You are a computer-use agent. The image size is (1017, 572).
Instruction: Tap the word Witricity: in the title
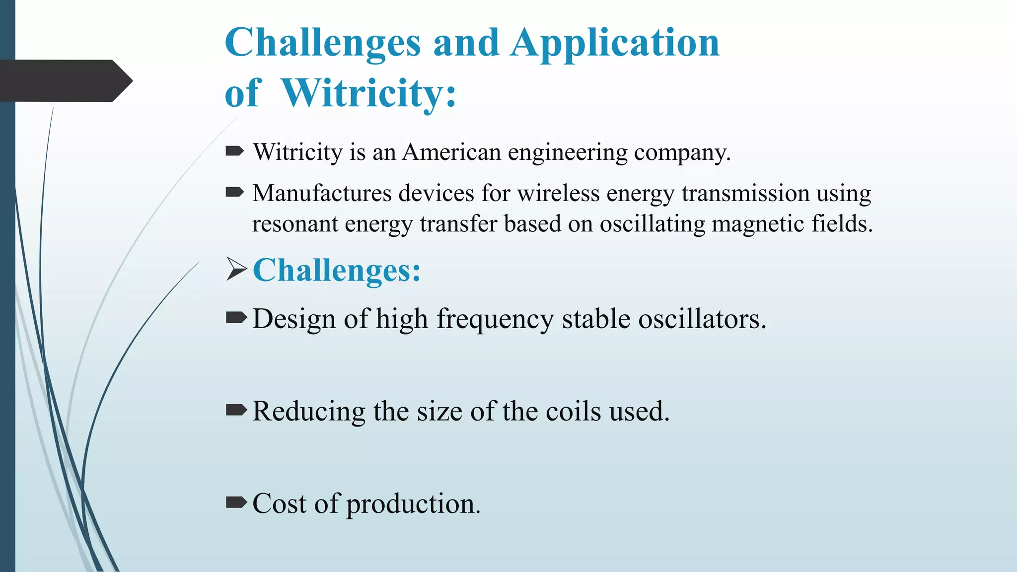coord(368,93)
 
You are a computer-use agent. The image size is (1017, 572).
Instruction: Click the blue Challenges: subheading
coord(337,271)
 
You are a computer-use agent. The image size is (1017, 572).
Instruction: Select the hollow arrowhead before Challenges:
coord(236,269)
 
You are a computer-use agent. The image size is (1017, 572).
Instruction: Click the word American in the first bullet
coord(451,152)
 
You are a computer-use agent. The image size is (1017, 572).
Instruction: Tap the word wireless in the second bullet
coord(558,193)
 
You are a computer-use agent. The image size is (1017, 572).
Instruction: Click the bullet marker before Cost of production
coord(236,503)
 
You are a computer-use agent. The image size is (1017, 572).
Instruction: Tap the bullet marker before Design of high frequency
coord(236,318)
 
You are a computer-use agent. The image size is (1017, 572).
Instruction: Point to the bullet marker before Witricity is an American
coord(234,151)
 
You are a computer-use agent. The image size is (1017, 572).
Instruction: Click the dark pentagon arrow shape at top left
coord(65,80)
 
